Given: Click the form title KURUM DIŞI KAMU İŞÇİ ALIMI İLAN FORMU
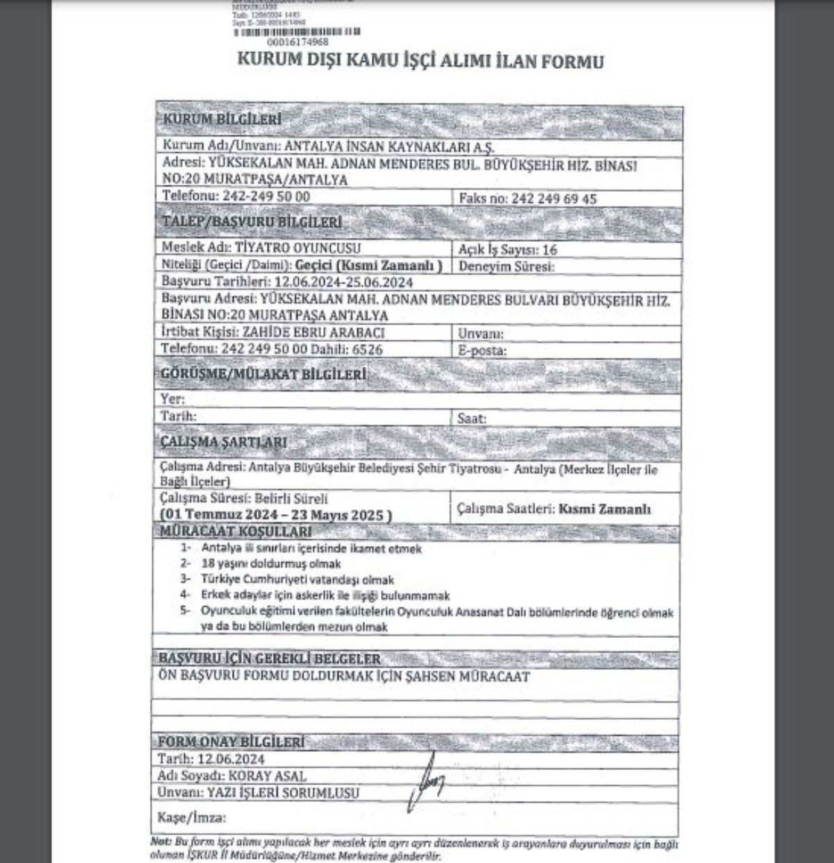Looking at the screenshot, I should (x=420, y=61).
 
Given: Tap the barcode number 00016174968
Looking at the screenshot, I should (x=297, y=42).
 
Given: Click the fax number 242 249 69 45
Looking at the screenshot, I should (x=554, y=199).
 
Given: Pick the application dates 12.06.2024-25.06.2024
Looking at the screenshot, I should (x=343, y=282).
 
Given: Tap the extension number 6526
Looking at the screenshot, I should (x=367, y=350).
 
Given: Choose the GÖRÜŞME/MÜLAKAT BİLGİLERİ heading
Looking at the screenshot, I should (x=263, y=375).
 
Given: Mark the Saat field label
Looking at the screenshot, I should (x=472, y=418).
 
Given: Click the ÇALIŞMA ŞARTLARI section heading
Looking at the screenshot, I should (x=223, y=443).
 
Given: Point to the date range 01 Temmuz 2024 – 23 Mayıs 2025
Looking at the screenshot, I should (x=276, y=516).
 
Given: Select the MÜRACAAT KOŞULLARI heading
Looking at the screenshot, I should (x=236, y=532).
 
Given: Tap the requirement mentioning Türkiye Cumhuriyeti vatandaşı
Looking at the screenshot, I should (x=297, y=580).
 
